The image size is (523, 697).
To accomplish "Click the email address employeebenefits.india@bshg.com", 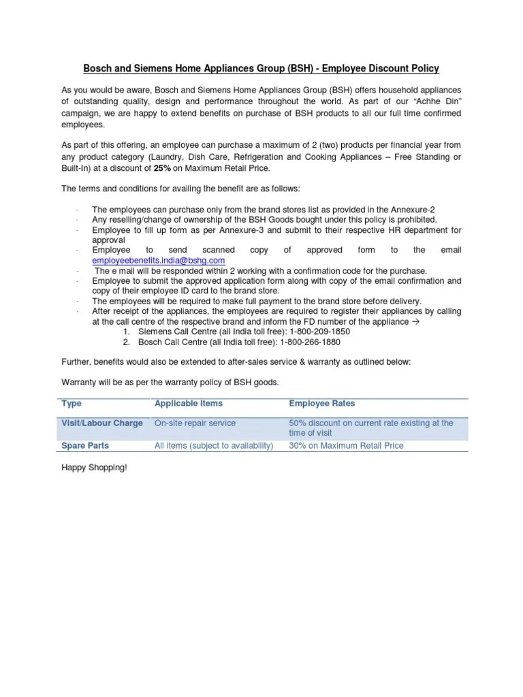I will click(158, 261).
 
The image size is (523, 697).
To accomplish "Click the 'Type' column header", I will click(72, 404).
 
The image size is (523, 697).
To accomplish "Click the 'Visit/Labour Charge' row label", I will click(102, 423).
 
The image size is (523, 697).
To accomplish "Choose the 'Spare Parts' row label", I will click(85, 446).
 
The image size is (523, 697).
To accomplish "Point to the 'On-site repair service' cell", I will click(195, 423).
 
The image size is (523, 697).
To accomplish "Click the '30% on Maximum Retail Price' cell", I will click(346, 446).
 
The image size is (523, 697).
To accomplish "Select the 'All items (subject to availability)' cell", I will click(213, 446).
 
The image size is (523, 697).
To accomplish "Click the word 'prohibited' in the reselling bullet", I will click(416, 220).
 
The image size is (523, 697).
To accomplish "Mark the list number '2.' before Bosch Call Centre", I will click(127, 342).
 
